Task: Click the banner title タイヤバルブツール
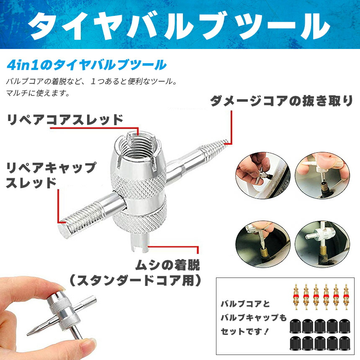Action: pos(179,26)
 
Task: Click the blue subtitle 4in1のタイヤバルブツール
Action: pos(87,65)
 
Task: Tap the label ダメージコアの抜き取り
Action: pos(281,101)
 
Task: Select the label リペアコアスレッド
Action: pos(65,120)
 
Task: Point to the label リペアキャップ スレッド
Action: pos(51,175)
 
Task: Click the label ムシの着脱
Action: pos(167,265)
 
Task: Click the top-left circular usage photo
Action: pos(263,175)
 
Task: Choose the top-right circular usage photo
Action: pos(322,175)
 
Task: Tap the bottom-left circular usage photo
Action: pos(263,244)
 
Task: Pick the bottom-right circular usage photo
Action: pos(322,244)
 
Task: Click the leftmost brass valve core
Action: pos(296,297)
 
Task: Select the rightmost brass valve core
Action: pos(346,297)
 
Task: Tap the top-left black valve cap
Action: pos(295,326)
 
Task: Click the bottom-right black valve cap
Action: pos(345,343)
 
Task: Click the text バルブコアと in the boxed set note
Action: pos(245,304)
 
